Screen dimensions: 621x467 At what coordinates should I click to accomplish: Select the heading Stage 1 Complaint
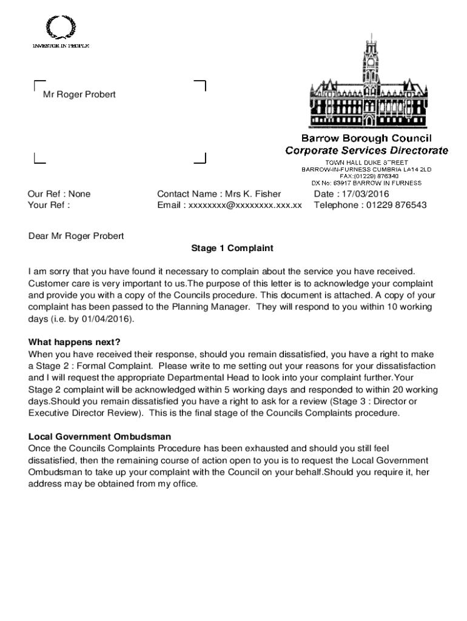tap(232, 248)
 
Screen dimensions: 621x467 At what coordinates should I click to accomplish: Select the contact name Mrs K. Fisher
tap(253, 194)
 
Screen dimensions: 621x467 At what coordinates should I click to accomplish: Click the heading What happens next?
tap(75, 342)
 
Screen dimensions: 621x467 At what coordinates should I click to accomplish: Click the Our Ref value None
tap(79, 194)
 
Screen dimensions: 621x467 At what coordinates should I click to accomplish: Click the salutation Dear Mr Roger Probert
tap(76, 236)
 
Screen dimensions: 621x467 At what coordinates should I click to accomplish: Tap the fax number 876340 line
tap(366, 176)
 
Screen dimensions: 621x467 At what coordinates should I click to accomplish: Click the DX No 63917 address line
tap(366, 183)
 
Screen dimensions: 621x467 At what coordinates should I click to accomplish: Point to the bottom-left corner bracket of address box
tap(39, 159)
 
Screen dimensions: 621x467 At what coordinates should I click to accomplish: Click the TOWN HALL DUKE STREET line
tap(366, 163)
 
